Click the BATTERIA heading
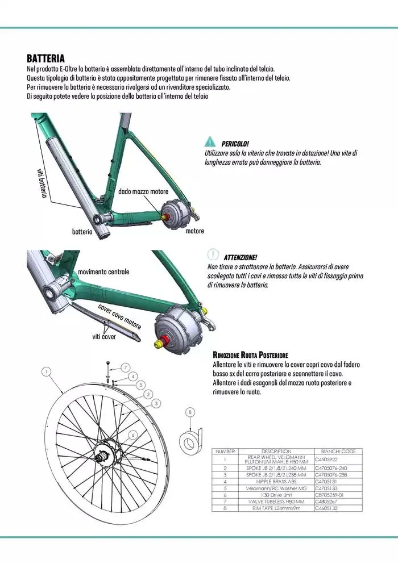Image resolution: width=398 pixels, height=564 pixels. click(45, 59)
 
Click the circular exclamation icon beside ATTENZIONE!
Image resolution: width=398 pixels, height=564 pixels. click(213, 254)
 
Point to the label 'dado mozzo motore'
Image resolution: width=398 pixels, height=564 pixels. click(143, 192)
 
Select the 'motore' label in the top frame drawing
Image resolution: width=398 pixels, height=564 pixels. click(194, 231)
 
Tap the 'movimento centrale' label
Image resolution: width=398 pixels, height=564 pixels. click(103, 271)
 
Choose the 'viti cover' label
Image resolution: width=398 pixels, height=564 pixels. click(104, 337)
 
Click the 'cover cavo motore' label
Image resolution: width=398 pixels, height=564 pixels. click(119, 317)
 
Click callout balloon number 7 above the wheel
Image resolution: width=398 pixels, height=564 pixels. click(125, 367)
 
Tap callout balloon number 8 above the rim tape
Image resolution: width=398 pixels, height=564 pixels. click(190, 412)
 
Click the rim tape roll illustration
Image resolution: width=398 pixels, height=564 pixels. click(189, 441)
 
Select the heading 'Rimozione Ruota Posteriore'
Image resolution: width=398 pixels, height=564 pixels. click(250, 354)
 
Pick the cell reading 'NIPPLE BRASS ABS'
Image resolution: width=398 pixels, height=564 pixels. click(277, 481)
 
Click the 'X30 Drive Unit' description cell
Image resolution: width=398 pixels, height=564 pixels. click(277, 495)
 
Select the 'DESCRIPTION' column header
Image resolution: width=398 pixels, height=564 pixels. click(277, 451)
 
